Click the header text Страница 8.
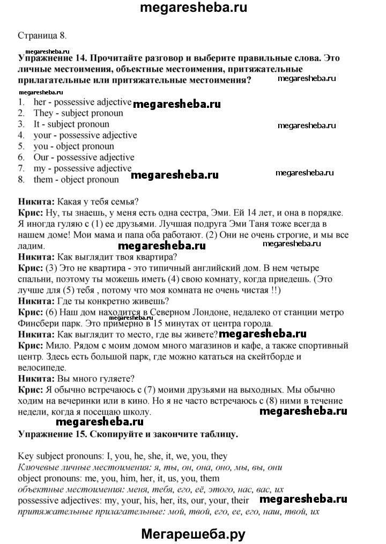click(42, 36)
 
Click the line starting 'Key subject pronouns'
click(123, 456)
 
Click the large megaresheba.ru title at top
click(192, 8)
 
